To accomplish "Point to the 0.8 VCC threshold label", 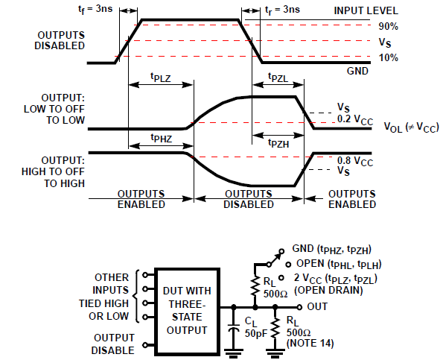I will click(353, 158).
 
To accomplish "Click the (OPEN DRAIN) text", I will click(329, 289).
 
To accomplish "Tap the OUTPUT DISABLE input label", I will click(112, 341).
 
